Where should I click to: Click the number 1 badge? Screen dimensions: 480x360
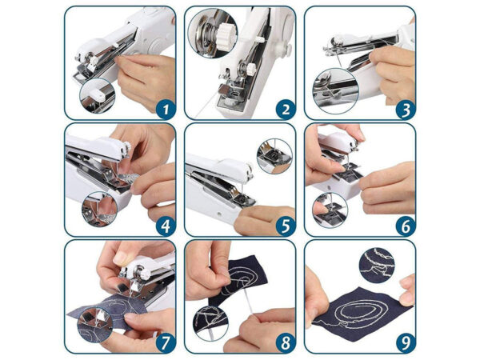tap(166, 110)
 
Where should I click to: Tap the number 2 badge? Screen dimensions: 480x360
tap(286, 110)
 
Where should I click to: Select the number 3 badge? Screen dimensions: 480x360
tap(406, 110)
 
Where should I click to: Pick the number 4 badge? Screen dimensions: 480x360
tap(166, 226)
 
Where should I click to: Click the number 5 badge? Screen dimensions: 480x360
tap(286, 226)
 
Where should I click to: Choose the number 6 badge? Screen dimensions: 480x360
tap(406, 226)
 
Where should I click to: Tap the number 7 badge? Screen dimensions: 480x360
tap(166, 343)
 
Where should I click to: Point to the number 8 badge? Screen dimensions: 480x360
tap(286, 343)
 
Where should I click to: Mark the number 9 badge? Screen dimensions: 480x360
tap(406, 343)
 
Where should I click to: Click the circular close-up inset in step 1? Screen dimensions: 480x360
tap(98, 96)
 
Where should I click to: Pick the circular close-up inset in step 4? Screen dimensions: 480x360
tap(99, 209)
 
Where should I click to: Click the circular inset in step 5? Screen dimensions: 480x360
tap(274, 157)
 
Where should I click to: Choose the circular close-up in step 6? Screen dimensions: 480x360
tap(330, 210)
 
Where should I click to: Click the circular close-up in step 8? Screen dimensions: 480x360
tap(210, 323)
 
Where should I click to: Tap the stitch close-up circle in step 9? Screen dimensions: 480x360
tap(377, 266)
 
